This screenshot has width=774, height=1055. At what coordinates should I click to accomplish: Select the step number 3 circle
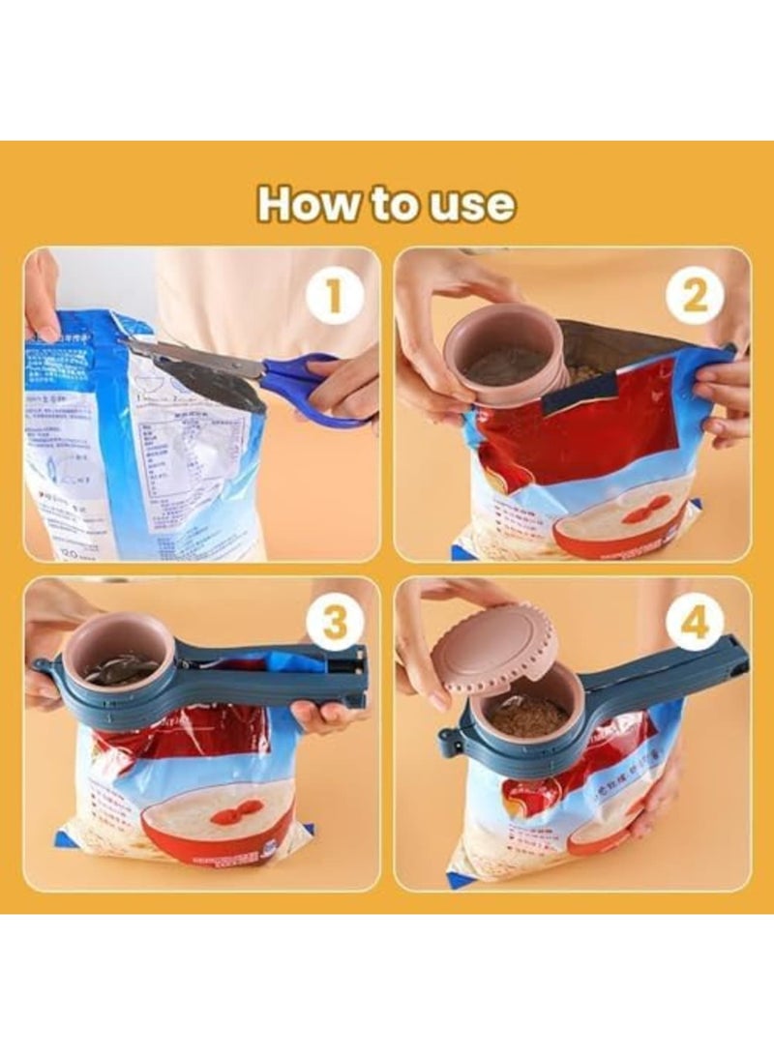(335, 625)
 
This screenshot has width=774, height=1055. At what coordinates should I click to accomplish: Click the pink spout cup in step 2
(503, 353)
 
